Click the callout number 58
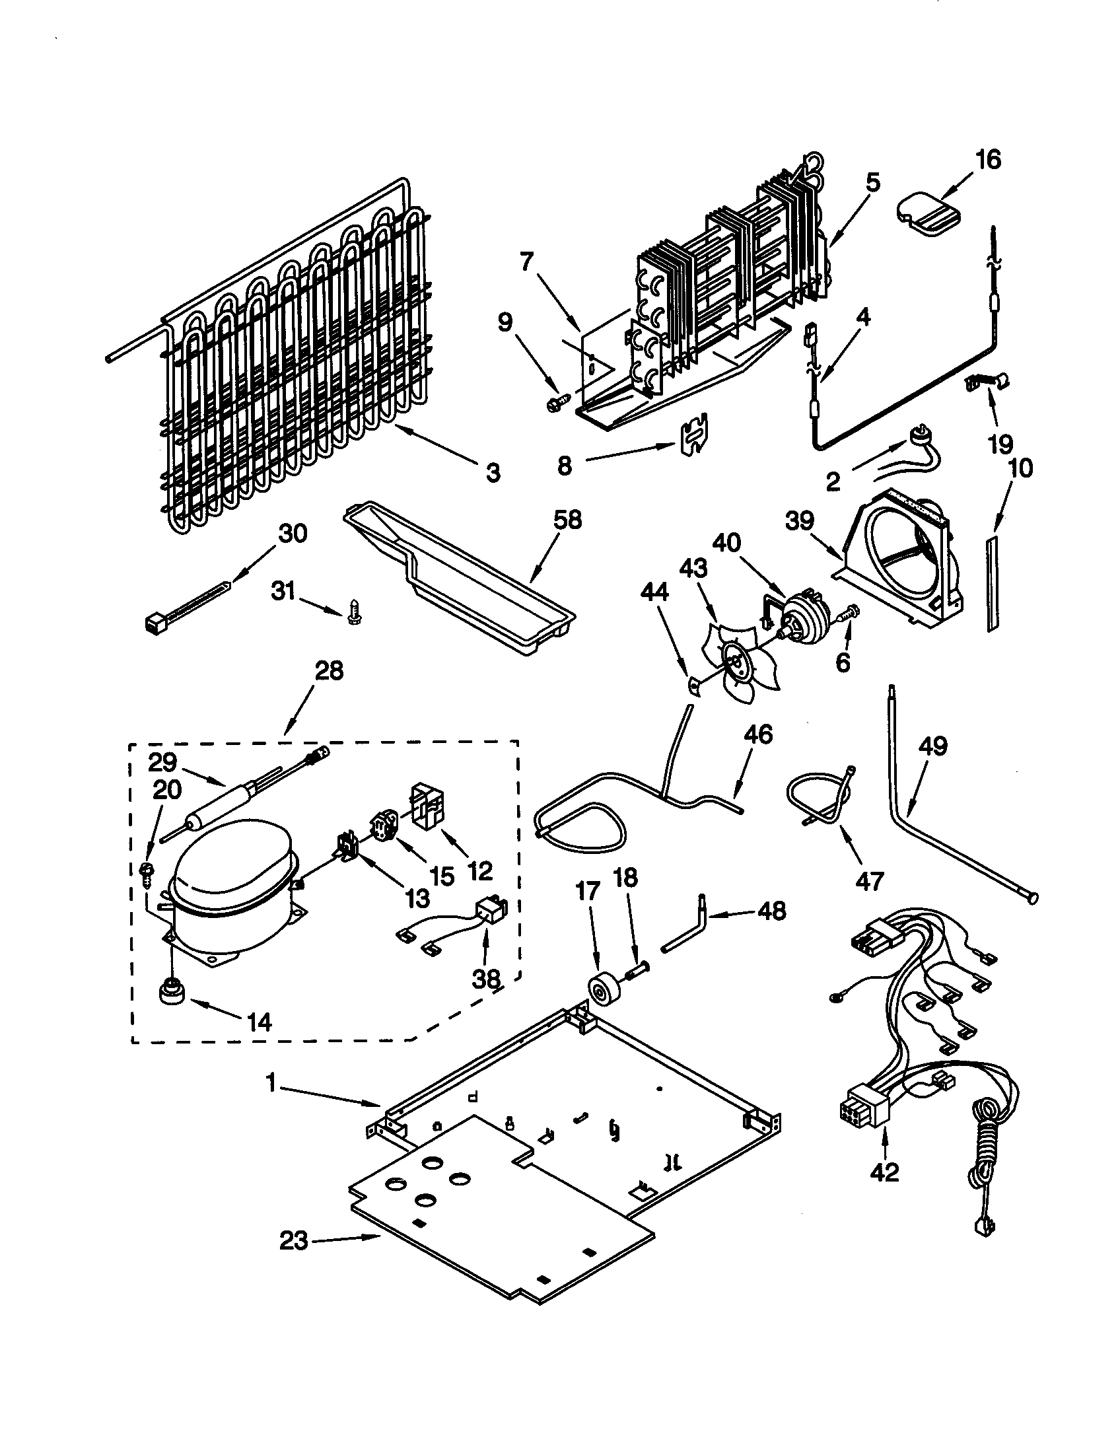click(567, 520)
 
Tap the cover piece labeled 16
click(928, 212)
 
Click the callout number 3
click(492, 473)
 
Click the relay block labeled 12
click(429, 806)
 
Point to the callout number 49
click(932, 746)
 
